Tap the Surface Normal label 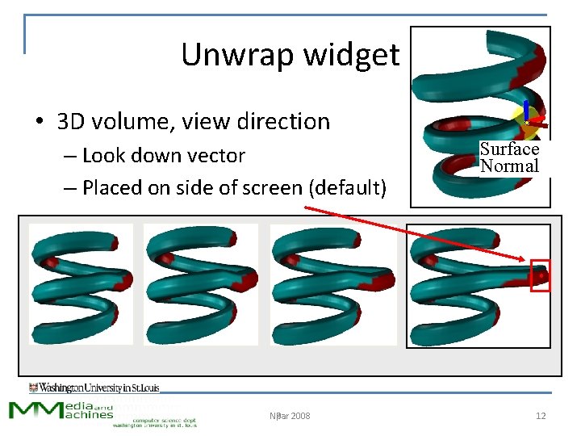509,157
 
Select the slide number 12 541,417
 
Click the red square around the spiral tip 539,276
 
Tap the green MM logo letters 36,409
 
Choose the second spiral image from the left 200,284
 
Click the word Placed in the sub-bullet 110,188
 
